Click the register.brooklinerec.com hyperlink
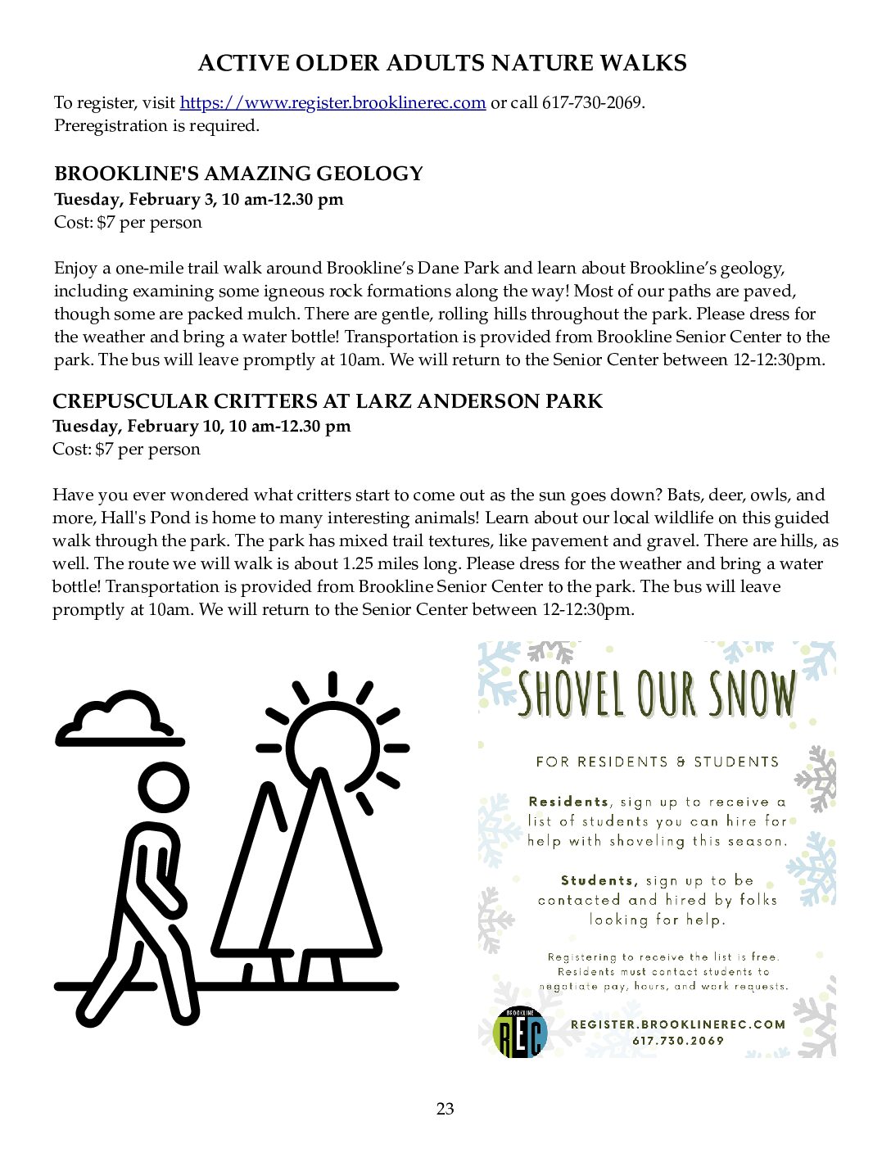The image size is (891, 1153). tap(332, 102)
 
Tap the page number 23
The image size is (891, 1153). tap(445, 1109)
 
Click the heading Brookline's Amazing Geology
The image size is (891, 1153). tap(238, 174)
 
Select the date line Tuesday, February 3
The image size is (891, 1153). tap(198, 199)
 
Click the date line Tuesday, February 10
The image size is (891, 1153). tap(201, 426)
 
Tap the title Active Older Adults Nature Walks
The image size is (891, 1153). tap(442, 63)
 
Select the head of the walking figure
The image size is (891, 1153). tap(164, 789)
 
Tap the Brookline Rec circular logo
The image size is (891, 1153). tap(521, 1032)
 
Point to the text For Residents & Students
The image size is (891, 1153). tap(657, 762)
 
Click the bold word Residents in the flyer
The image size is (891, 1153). tap(569, 802)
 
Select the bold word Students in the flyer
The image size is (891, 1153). tap(599, 880)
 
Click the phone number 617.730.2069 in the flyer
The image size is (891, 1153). tap(678, 1041)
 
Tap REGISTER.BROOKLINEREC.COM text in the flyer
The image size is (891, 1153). tap(678, 1024)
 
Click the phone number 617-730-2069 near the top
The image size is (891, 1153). tap(592, 102)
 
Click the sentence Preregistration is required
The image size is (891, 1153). tap(156, 125)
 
